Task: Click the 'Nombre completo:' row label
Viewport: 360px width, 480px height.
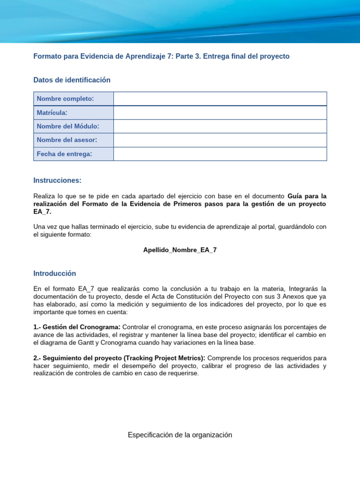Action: click(x=65, y=98)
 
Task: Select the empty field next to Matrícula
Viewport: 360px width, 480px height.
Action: click(x=220, y=112)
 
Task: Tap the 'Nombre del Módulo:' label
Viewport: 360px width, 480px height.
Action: click(x=68, y=126)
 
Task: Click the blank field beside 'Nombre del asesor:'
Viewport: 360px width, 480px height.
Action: click(x=220, y=140)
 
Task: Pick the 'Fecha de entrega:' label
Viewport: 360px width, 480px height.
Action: click(x=64, y=154)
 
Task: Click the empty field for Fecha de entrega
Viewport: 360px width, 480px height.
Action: click(x=220, y=154)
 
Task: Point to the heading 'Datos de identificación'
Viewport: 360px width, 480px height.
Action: click(x=72, y=80)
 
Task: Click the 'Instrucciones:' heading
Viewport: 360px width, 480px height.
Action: click(x=57, y=180)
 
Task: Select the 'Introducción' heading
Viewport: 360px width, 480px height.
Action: click(x=54, y=273)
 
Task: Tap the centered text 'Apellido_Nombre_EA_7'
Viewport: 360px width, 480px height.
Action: click(x=180, y=250)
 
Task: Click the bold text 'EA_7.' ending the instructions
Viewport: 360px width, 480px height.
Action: click(x=42, y=212)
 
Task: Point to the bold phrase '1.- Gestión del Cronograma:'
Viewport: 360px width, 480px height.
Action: click(x=77, y=327)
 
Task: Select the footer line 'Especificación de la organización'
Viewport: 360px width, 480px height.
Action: click(x=180, y=435)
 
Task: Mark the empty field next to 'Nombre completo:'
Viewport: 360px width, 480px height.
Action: click(x=220, y=98)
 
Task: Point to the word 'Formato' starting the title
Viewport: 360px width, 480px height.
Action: click(x=47, y=56)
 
